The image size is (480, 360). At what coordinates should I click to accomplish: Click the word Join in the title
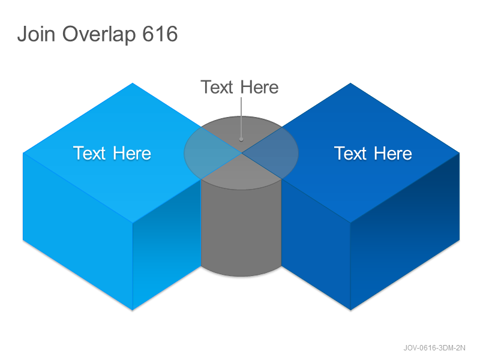(x=36, y=34)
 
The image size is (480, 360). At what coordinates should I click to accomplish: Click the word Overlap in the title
(x=99, y=34)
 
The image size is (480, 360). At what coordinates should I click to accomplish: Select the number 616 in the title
(x=160, y=34)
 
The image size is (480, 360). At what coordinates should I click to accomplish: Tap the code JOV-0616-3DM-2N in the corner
(x=434, y=348)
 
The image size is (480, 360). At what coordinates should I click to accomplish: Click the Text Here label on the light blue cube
(x=112, y=153)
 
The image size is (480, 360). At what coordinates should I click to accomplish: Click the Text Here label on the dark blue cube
(x=373, y=153)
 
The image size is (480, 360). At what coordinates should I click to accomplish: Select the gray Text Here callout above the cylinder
(x=239, y=87)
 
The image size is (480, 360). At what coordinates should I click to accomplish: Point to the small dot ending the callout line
(x=241, y=140)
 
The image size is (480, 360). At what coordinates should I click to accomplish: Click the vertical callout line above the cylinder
(x=241, y=118)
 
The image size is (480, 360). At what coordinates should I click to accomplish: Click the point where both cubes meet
(x=241, y=153)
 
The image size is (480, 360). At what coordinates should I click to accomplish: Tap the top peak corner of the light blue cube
(x=133, y=83)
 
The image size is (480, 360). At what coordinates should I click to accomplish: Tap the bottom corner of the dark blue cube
(x=351, y=310)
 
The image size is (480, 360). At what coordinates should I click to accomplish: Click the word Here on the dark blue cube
(x=393, y=153)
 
